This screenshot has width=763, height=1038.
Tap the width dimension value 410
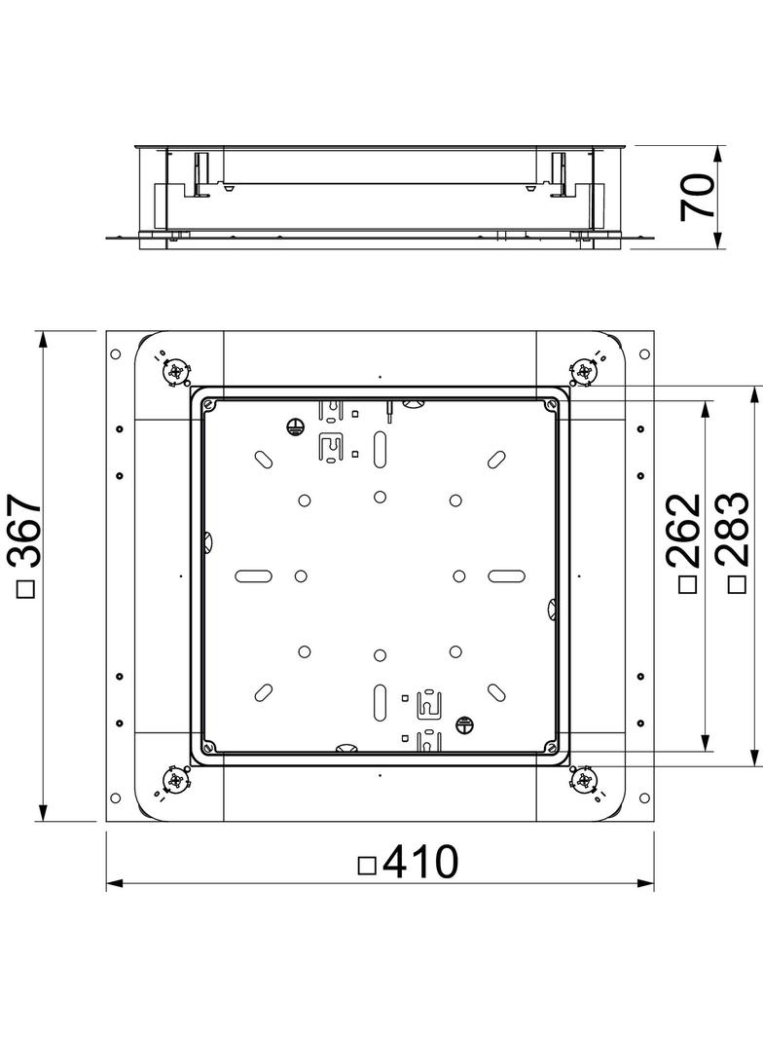pos(420,862)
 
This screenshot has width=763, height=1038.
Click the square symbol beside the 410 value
pos(367,864)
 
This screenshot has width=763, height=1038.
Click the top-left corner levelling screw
pos(176,371)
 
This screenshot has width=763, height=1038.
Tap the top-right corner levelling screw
pos(585,370)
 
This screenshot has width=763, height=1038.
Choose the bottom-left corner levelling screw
pos(175,780)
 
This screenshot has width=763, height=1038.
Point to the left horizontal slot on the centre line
pos(252,575)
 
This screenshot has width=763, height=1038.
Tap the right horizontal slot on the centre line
pos(507,575)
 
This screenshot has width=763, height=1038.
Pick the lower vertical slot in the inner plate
pos(380,698)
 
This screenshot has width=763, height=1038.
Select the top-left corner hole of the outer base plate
pos(116,354)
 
